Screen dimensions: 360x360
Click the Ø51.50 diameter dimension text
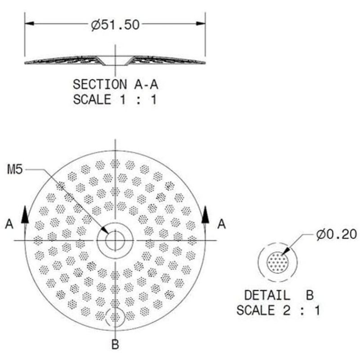(115, 25)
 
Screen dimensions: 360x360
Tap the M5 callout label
(15, 170)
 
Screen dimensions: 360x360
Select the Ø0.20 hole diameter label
(336, 234)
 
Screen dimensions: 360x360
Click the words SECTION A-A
(116, 84)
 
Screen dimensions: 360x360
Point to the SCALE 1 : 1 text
(115, 99)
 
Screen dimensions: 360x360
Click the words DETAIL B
(279, 295)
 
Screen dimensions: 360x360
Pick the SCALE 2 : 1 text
(278, 310)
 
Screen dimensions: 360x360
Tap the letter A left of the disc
(9, 224)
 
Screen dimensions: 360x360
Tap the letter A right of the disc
(221, 224)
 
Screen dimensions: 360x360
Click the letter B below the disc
(115, 345)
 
